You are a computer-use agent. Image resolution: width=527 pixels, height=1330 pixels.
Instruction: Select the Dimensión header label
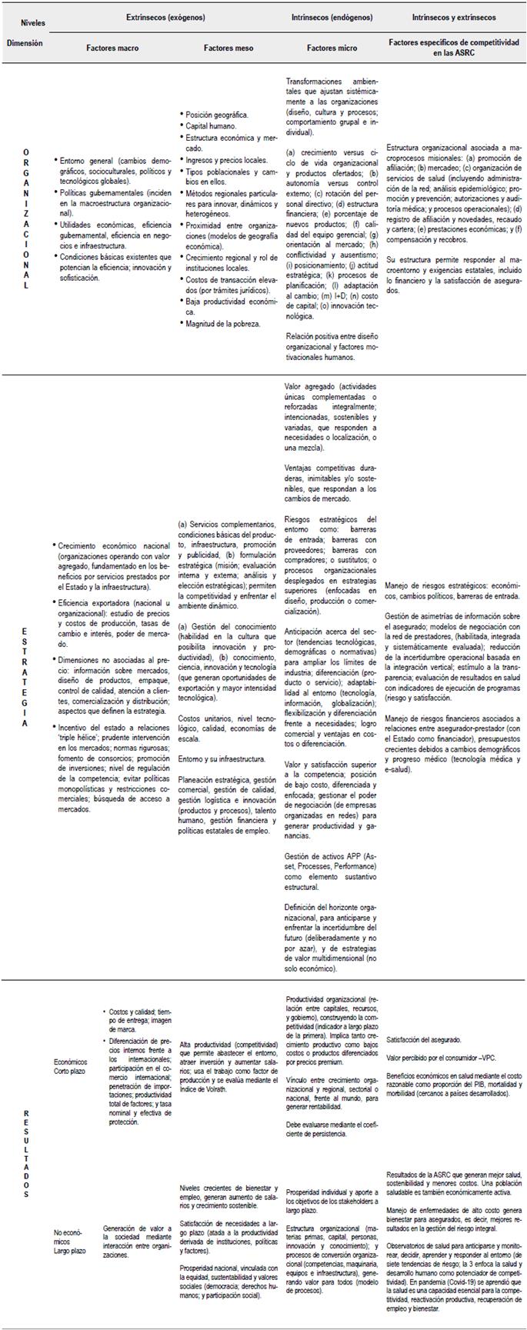(x=25, y=44)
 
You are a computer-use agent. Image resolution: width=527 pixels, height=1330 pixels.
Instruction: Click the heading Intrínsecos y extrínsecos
(x=454, y=17)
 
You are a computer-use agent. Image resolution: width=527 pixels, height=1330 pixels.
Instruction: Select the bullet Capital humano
(x=211, y=125)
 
